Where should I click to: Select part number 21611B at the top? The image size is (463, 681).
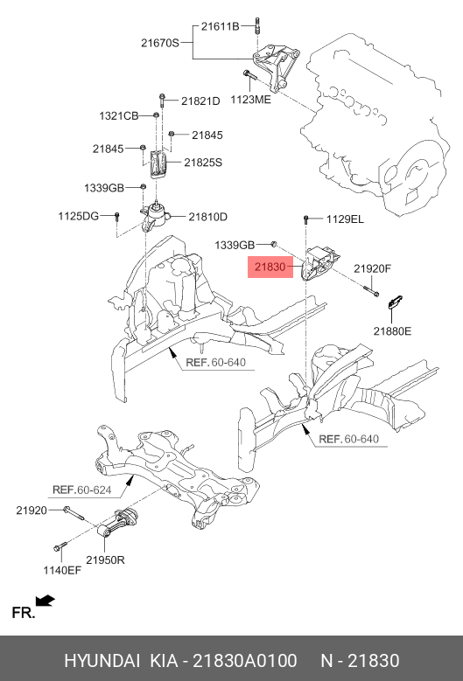click(219, 27)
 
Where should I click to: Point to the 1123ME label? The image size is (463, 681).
click(250, 100)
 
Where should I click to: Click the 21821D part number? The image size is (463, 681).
click(200, 101)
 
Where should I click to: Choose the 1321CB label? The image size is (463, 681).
click(118, 116)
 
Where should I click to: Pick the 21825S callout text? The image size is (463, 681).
click(203, 162)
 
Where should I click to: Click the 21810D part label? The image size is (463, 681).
click(207, 217)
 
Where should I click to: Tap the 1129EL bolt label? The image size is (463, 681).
click(345, 219)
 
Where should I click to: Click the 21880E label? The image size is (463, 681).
click(391, 331)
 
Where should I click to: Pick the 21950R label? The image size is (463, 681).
click(105, 559)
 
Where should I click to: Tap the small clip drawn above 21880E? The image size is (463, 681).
click(395, 302)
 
